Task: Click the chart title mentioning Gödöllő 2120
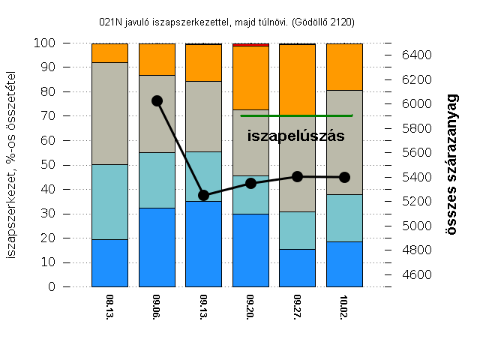226,22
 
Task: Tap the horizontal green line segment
296,115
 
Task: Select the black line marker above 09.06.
157,100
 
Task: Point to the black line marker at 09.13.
203,195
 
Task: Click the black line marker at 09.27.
298,176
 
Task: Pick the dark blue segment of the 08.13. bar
109,262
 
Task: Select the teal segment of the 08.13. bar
109,202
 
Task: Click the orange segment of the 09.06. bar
157,59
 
